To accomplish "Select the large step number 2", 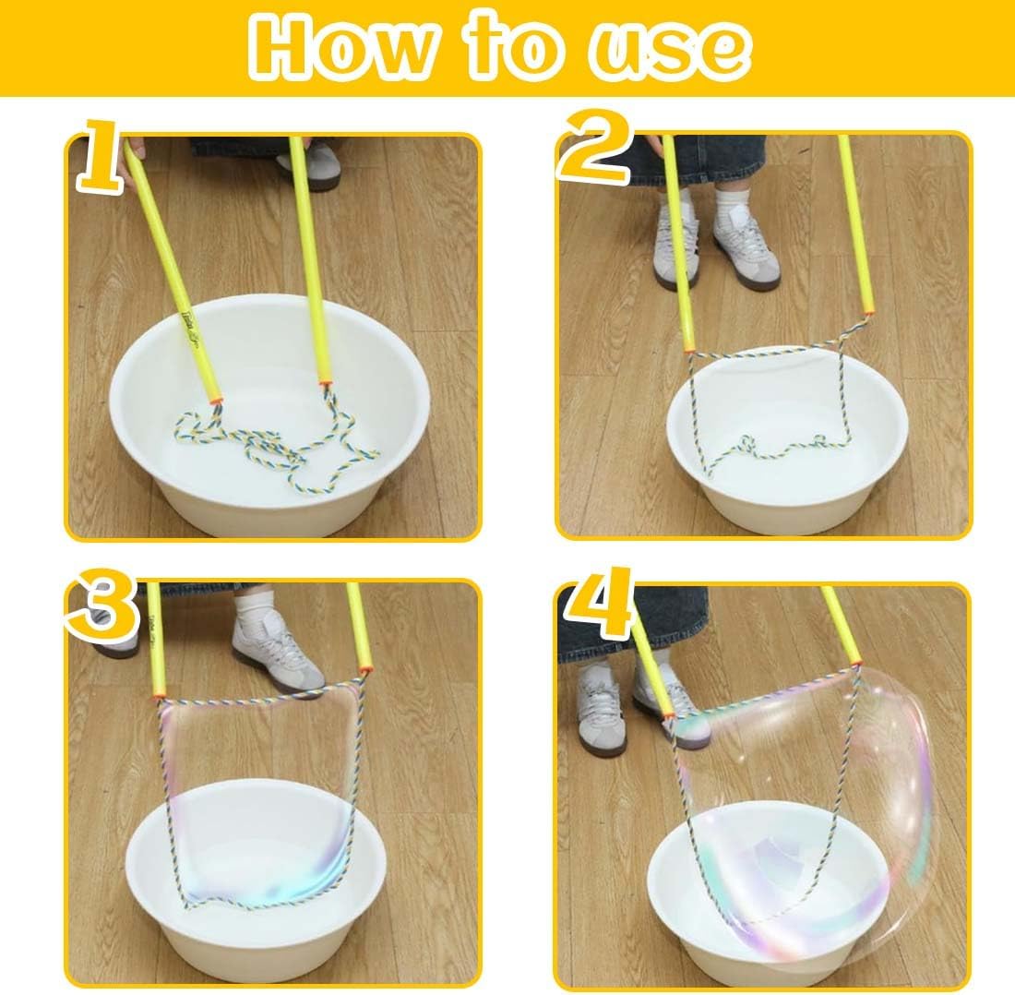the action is pos(595,148).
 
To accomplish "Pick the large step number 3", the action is pos(102,605).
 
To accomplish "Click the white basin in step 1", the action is pos(269,414).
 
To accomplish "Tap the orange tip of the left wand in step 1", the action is pos(216,402).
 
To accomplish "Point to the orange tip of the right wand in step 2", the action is pos(866,312).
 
